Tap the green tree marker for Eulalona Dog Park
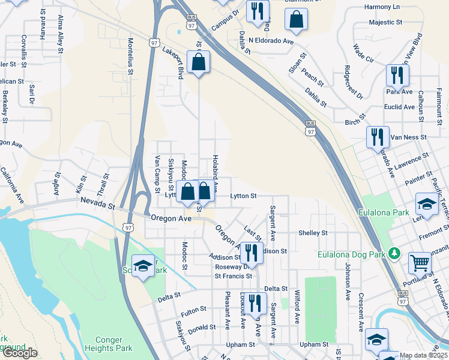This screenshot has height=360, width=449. pos(394,253)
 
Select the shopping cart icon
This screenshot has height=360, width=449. pos(420,263)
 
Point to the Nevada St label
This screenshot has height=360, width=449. pos(97,204)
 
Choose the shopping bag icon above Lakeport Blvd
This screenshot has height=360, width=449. pos(199,62)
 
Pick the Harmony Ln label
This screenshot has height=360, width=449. pos(382,7)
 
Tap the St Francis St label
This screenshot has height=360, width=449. pos(234,276)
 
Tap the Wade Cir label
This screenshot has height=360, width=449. pos(364,53)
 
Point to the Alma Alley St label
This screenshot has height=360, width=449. pos(60,35)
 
